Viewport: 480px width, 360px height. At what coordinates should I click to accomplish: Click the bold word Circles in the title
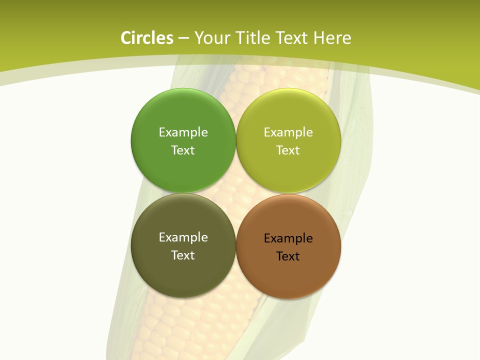pyautogui.click(x=146, y=38)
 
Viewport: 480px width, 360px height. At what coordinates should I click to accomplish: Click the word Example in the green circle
pyautogui.click(x=183, y=132)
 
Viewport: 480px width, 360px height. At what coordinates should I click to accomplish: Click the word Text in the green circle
pyautogui.click(x=183, y=150)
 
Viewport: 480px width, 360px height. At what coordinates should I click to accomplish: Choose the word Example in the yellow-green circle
pyautogui.click(x=288, y=132)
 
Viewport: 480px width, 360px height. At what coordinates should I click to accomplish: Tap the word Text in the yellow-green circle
pyautogui.click(x=288, y=150)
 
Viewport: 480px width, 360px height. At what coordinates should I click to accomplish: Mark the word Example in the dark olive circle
pyautogui.click(x=183, y=237)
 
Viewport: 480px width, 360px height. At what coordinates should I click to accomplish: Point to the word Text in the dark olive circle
pyautogui.click(x=183, y=255)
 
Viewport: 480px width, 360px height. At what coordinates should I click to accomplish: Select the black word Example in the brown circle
pyautogui.click(x=288, y=238)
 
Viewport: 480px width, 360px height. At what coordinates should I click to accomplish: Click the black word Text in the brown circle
pyautogui.click(x=288, y=256)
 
